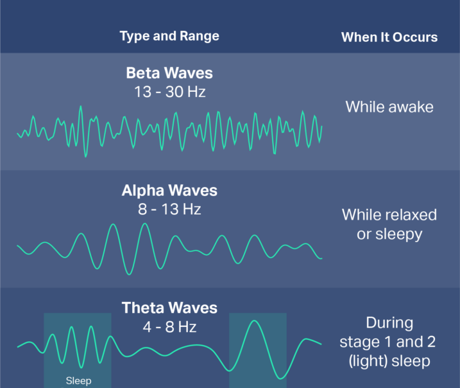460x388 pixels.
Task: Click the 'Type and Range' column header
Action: (169, 36)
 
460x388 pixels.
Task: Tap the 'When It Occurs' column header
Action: (389, 37)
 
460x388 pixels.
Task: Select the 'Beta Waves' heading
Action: (169, 73)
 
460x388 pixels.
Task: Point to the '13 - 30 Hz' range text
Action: (169, 92)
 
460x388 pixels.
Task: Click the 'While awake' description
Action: (389, 107)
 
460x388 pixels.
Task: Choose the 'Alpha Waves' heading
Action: (169, 190)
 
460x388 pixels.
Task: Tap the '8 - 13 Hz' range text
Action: (169, 209)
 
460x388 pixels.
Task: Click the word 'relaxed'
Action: (409, 215)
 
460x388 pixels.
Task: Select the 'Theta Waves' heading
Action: (169, 308)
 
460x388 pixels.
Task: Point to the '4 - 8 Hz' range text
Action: (169, 327)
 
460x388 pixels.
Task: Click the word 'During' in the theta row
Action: (389, 322)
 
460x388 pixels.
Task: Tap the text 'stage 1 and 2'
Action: (388, 342)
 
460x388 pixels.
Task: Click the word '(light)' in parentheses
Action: (368, 361)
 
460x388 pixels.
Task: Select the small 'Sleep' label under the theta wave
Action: (78, 381)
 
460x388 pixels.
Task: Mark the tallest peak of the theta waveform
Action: (254, 321)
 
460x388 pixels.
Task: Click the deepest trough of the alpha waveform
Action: (129, 274)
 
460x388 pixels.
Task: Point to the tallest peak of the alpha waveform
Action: (144, 224)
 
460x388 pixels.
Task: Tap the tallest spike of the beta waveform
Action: (81, 107)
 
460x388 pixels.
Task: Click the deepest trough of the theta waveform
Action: (280, 378)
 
